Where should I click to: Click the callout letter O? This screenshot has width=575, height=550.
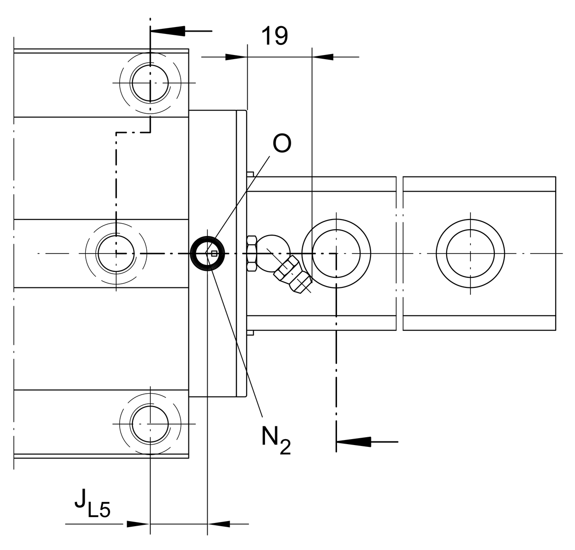[282, 144]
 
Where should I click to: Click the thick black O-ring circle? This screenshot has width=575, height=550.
[207, 253]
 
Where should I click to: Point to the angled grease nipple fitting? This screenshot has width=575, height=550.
[292, 274]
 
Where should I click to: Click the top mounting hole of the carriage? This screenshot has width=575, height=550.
[150, 83]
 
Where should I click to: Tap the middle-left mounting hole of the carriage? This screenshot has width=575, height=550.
[116, 253]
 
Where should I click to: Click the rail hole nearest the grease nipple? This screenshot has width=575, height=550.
[336, 253]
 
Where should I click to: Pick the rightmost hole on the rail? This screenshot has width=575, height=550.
[470, 253]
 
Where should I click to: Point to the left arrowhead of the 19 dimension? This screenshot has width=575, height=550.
[236, 57]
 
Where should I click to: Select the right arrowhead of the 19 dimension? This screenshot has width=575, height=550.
[323, 57]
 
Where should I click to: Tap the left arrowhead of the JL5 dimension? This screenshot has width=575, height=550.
[138, 524]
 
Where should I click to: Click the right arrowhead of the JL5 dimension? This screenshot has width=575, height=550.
[219, 524]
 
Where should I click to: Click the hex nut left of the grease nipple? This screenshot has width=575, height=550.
[252, 253]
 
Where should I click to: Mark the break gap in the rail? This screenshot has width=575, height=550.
[399, 253]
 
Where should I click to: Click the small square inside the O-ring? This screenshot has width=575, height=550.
[214, 253]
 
